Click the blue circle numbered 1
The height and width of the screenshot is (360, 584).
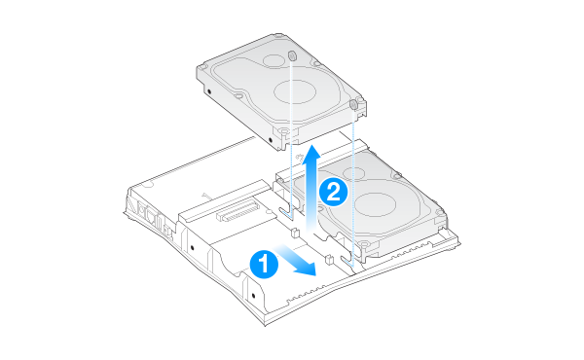(x=264, y=265)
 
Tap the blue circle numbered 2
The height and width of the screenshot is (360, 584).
(x=333, y=193)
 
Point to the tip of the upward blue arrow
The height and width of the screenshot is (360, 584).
(x=310, y=144)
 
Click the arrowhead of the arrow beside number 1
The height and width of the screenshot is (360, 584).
(x=307, y=269)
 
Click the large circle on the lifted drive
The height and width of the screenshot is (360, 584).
(x=295, y=91)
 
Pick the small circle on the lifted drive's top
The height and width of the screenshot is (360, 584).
(x=274, y=61)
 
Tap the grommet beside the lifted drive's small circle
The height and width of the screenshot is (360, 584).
(x=292, y=55)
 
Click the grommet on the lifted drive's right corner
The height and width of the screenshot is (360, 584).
(x=354, y=105)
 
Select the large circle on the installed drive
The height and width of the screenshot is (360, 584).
(x=375, y=205)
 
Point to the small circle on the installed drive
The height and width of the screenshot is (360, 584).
(x=353, y=173)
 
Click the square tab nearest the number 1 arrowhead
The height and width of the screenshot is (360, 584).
(x=329, y=259)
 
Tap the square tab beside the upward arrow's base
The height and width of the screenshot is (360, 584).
(x=294, y=234)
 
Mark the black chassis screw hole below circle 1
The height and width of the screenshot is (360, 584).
(x=254, y=296)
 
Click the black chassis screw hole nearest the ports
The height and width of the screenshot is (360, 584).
(x=192, y=247)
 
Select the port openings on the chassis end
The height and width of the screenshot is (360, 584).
(x=151, y=217)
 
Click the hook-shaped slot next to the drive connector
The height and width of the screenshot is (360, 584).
(x=287, y=211)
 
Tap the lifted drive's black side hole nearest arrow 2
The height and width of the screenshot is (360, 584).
(x=271, y=140)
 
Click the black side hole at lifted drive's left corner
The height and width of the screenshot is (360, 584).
(x=209, y=91)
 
